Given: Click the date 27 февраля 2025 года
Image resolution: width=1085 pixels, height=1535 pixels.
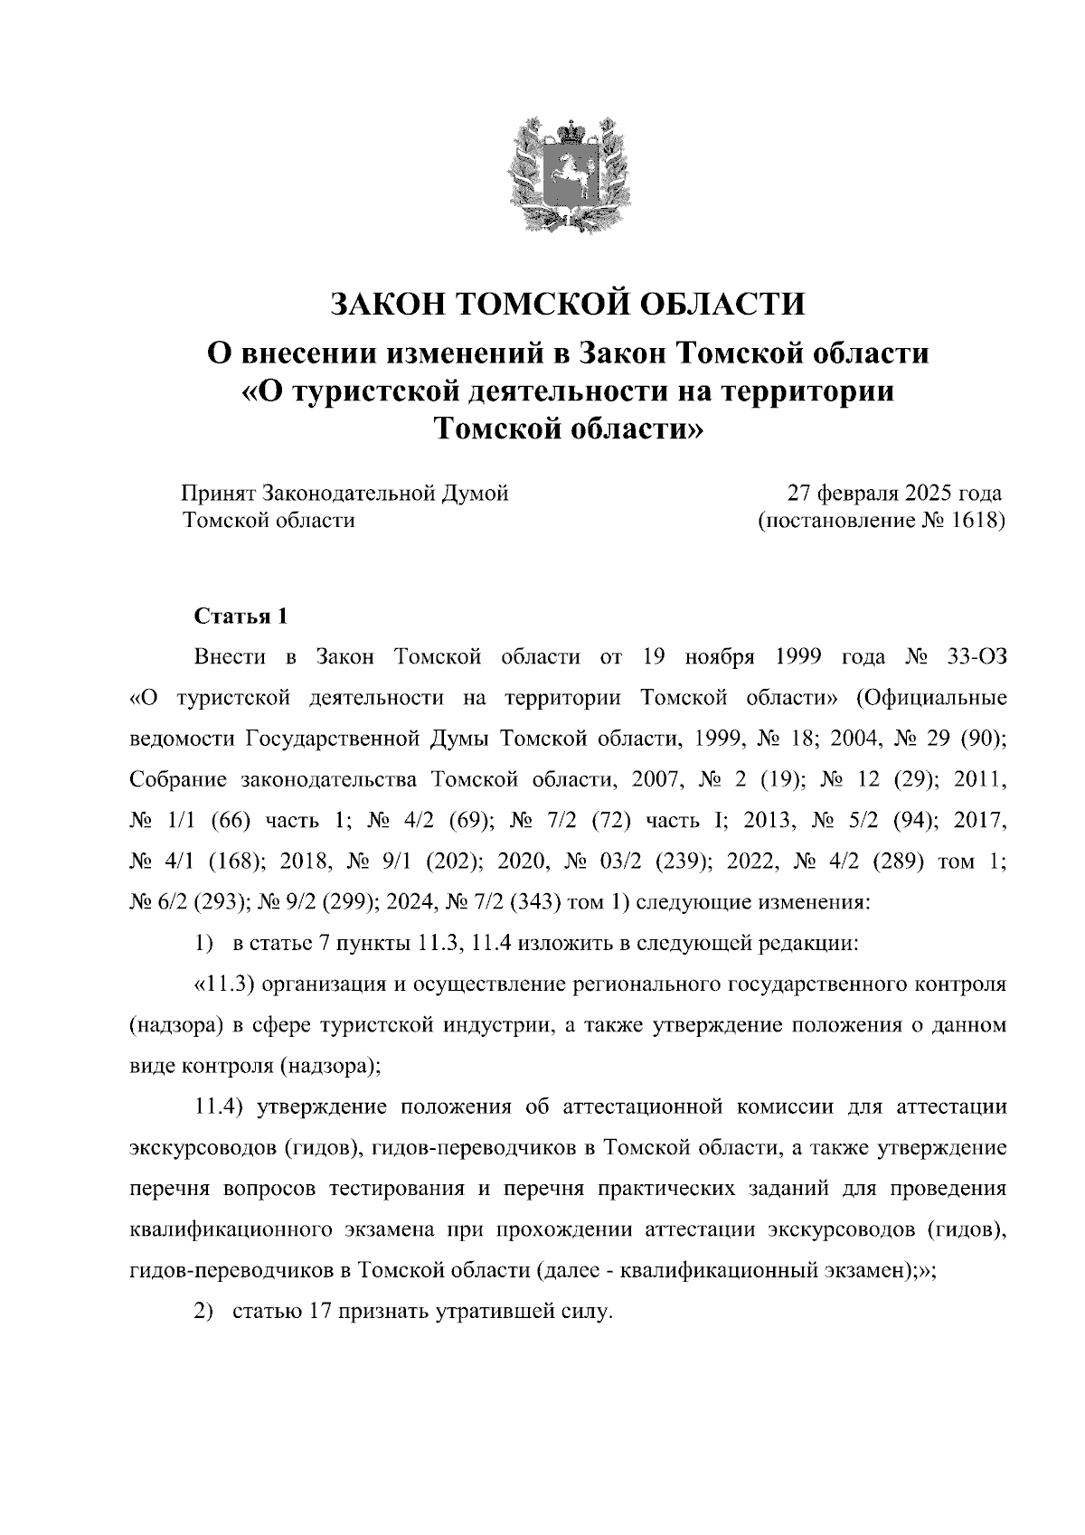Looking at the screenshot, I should point(894,494).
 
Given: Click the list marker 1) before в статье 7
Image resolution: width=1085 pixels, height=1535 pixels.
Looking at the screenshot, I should point(203,944).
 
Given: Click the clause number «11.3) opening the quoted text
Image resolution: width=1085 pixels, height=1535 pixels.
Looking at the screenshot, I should point(227,984).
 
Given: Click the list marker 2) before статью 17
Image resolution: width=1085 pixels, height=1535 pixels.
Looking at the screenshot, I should point(203,1312).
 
